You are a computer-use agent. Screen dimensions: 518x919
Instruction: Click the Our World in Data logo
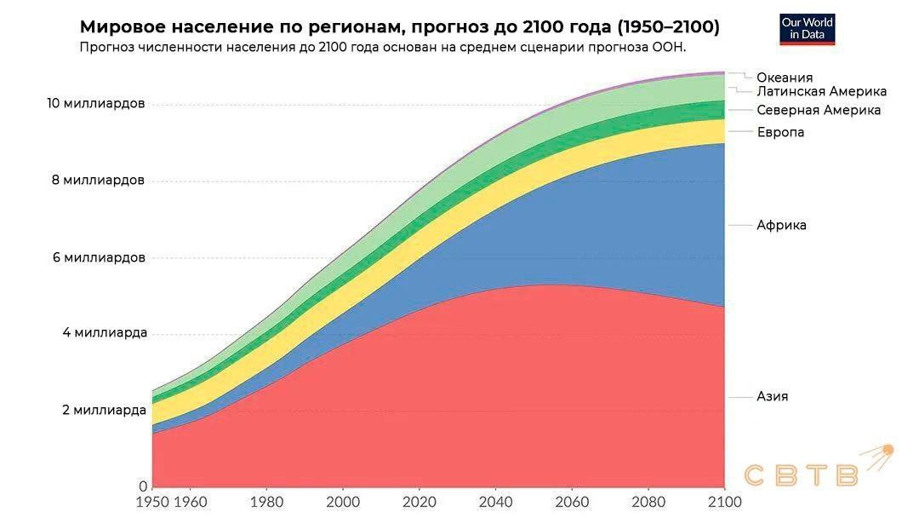coord(808,29)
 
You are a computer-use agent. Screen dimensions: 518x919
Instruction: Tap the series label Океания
coord(785,78)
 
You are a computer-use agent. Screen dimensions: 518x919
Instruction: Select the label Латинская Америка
coord(821,91)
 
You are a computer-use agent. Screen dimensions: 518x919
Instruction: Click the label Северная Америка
coord(819,110)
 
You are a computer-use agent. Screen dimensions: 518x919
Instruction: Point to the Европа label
coord(780,132)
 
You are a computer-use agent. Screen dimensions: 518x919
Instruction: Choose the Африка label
coord(781,225)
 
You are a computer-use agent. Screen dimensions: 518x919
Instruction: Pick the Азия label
coord(772,396)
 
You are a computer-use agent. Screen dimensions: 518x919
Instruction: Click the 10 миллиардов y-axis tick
coord(96,103)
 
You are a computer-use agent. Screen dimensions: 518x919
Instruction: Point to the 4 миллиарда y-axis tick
coord(105,332)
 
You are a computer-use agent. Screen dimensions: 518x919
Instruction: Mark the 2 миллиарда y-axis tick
coord(105,410)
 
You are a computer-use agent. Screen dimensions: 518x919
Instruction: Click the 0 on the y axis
coord(143,486)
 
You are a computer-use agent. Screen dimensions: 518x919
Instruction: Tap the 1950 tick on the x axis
coord(153,501)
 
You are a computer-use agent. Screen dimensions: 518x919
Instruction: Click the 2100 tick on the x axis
coord(723,501)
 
